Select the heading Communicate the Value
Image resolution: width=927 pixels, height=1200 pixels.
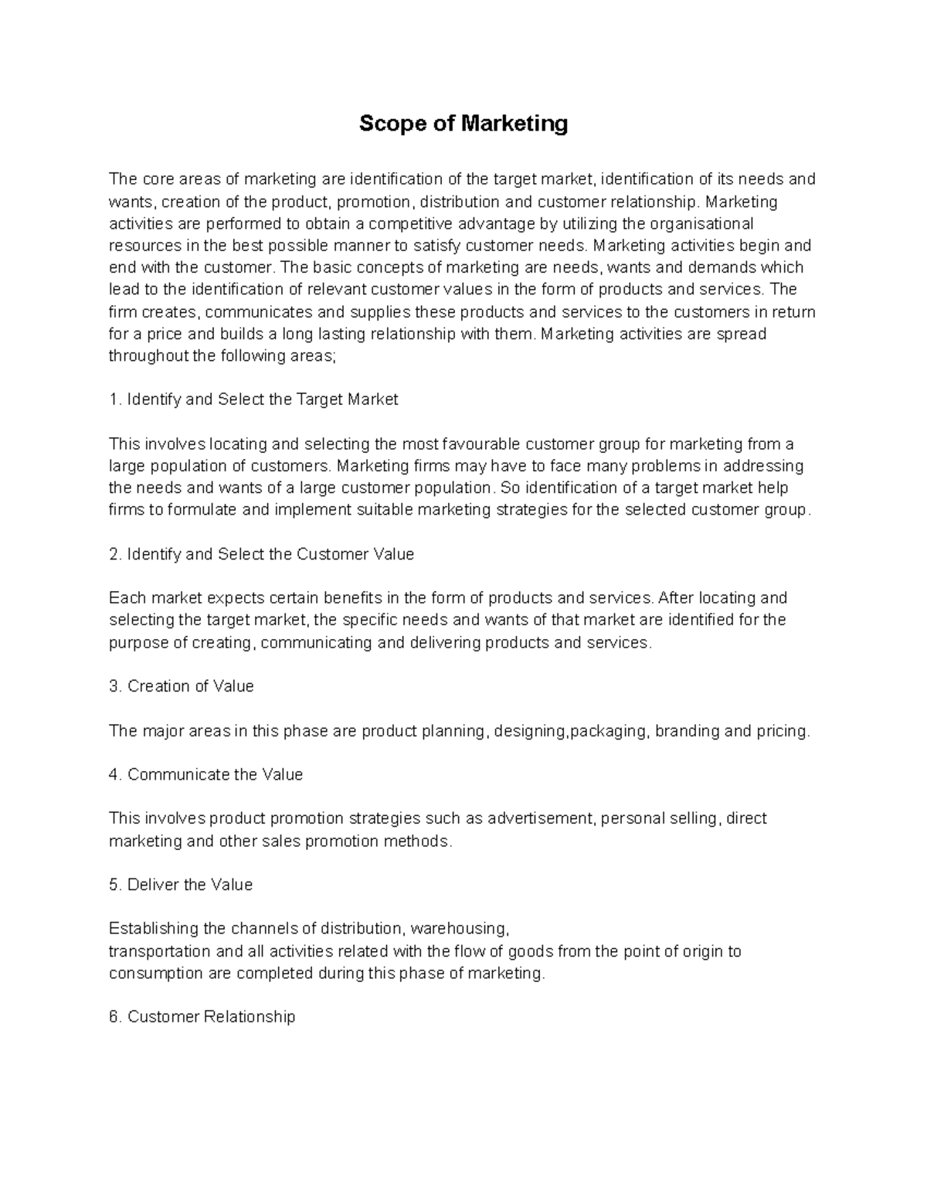(215, 775)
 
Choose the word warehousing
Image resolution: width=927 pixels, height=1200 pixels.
(459, 929)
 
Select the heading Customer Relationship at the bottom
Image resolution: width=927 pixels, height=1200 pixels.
(211, 1018)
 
